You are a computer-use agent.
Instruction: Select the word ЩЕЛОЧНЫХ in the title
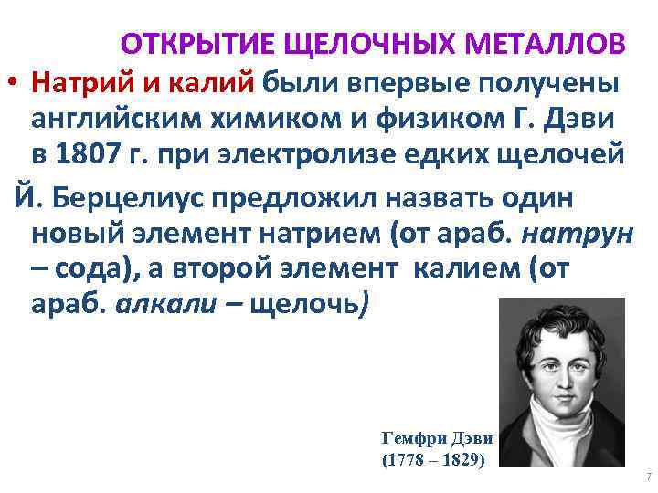[x=363, y=44]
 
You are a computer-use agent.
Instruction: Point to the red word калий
[x=212, y=83]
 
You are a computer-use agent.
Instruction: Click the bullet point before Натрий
[x=12, y=84]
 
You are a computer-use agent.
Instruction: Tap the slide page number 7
[x=646, y=477]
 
